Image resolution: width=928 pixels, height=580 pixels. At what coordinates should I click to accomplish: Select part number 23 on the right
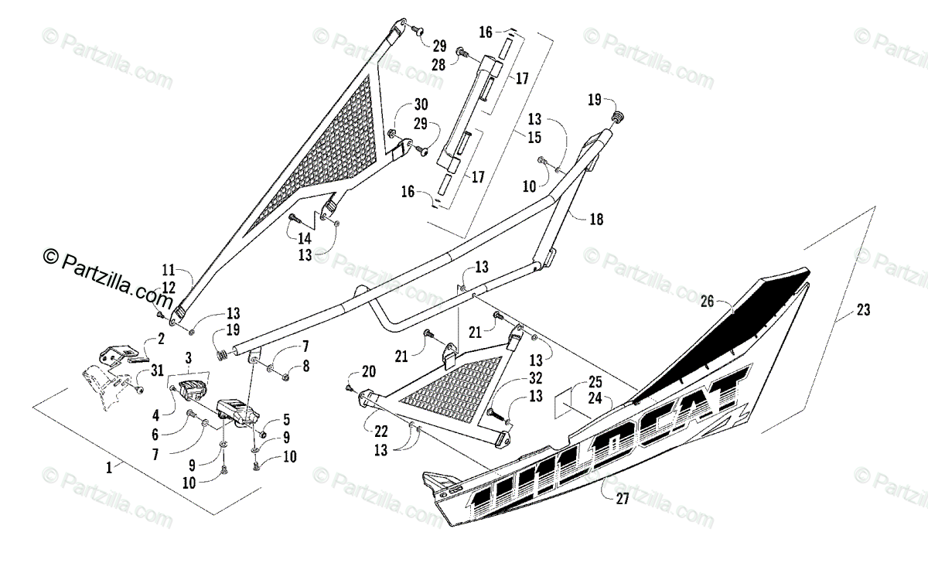(x=862, y=310)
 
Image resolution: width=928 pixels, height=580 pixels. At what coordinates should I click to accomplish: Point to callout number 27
(x=622, y=499)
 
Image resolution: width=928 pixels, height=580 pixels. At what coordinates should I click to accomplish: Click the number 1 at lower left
(x=109, y=466)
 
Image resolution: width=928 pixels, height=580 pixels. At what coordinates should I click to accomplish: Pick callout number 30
(x=420, y=104)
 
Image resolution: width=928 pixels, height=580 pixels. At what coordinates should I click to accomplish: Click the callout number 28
(x=438, y=64)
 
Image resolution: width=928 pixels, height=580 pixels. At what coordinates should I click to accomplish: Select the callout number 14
(x=305, y=239)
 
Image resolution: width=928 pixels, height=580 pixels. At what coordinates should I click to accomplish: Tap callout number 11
(x=169, y=271)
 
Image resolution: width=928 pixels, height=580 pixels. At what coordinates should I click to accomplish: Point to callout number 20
(x=367, y=370)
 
